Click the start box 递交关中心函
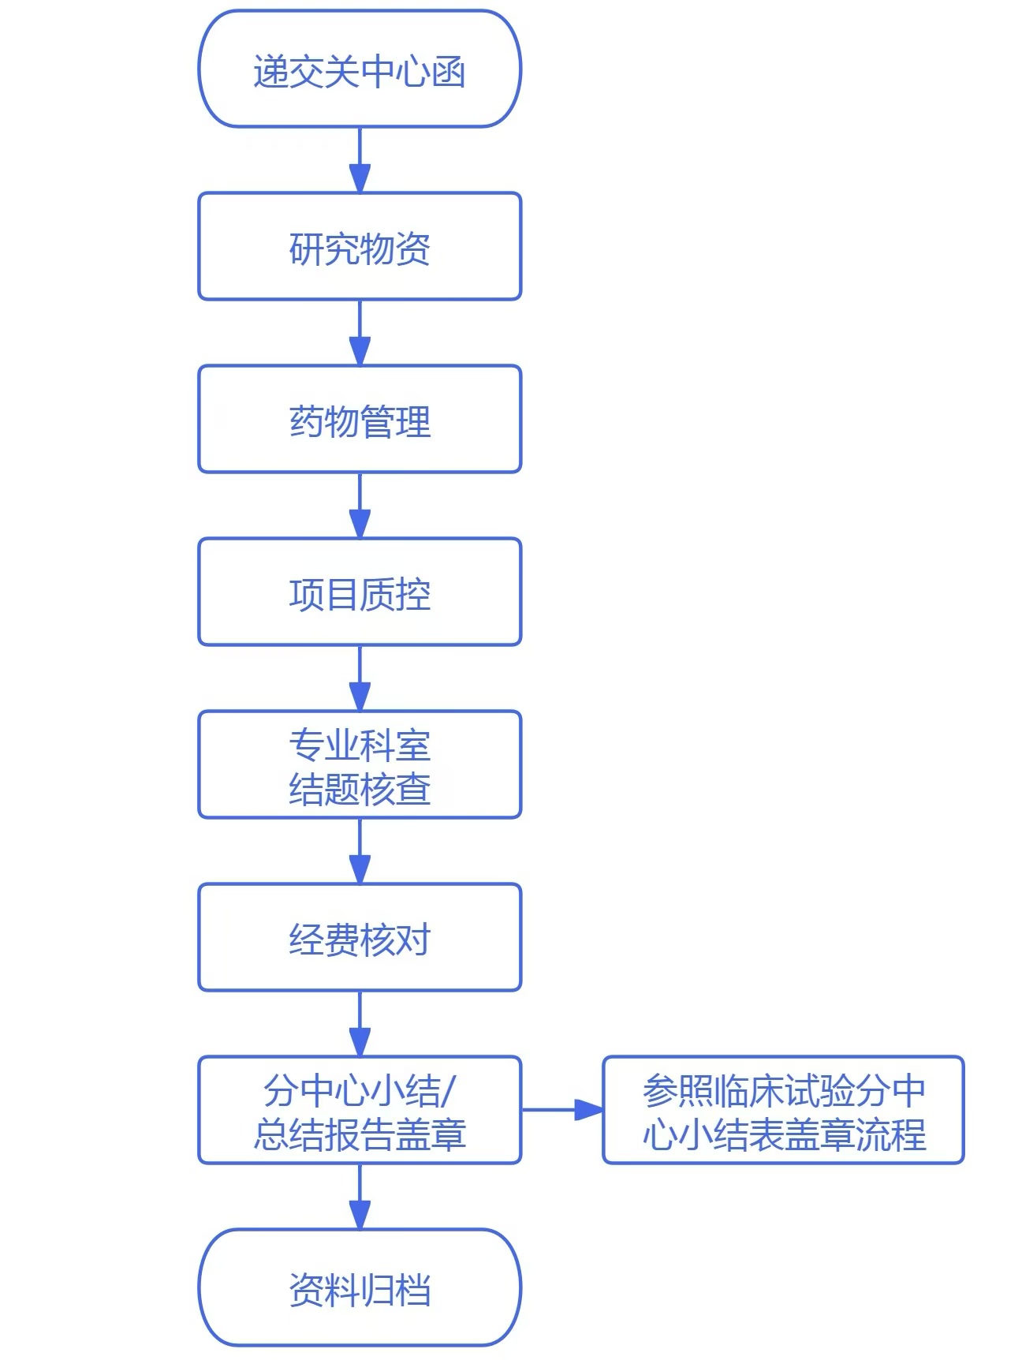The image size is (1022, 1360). (360, 69)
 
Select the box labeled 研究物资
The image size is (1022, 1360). (360, 247)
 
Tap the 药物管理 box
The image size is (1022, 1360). (360, 420)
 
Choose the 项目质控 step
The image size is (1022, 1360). (360, 592)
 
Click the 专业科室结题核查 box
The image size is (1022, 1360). (360, 765)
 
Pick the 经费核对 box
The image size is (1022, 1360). (360, 938)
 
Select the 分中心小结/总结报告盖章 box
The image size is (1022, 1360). (360, 1110)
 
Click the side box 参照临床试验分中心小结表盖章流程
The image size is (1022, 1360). (783, 1110)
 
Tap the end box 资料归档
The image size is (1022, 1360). (360, 1287)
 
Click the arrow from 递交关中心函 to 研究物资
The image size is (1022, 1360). (360, 159)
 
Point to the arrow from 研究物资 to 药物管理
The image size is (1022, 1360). (360, 332)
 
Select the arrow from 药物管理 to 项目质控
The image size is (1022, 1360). (360, 505)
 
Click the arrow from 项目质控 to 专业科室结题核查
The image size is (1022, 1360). (360, 678)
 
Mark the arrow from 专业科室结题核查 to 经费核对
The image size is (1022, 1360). (360, 850)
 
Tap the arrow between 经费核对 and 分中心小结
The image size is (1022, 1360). (360, 1023)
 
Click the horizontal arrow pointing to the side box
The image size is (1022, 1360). (562, 1110)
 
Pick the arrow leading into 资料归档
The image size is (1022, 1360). (360, 1196)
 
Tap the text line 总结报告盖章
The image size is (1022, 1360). (360, 1134)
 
